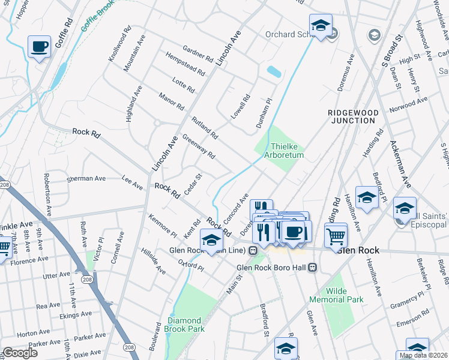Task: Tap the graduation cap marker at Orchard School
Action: pyautogui.click(x=321, y=26)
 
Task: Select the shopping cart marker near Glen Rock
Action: pyautogui.click(x=336, y=234)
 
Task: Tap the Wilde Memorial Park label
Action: pyautogui.click(x=336, y=294)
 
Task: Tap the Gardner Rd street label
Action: pyautogui.click(x=197, y=55)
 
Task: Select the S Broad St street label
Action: pyautogui.click(x=391, y=53)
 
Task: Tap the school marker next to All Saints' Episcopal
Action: pyautogui.click(x=405, y=209)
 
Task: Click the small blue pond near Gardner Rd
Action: pyautogui.click(x=274, y=72)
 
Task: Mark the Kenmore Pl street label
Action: pyautogui.click(x=163, y=225)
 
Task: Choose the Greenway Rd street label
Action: pyautogui.click(x=199, y=146)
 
